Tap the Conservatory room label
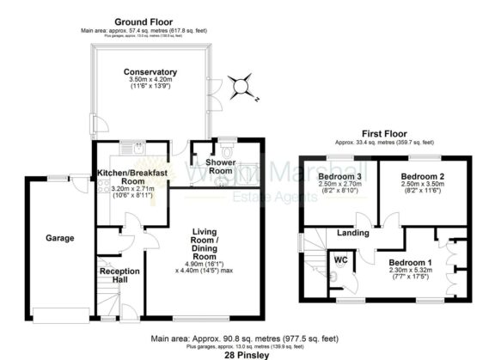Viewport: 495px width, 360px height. (150, 71)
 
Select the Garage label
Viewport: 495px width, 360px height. (60, 238)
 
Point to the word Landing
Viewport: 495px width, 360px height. (352, 232)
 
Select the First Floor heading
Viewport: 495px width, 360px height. (383, 134)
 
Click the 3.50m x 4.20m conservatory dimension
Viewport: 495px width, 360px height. (150, 80)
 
